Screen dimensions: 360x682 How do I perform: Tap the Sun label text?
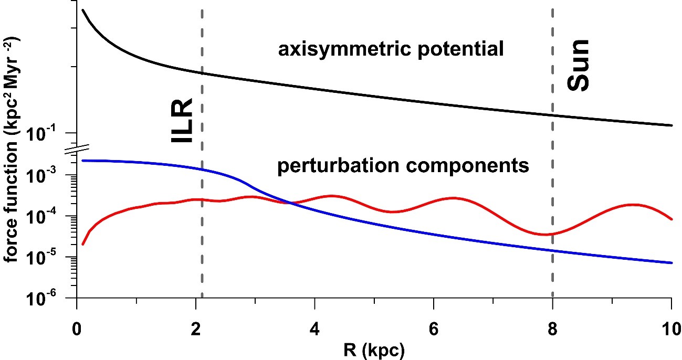pos(579,66)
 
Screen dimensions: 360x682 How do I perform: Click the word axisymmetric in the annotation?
pos(337,50)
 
